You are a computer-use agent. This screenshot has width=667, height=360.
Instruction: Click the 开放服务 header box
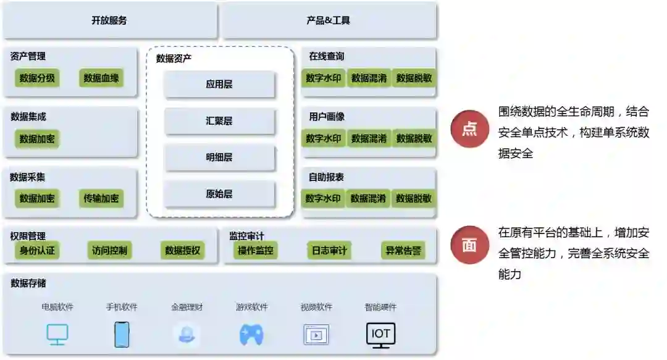(x=109, y=20)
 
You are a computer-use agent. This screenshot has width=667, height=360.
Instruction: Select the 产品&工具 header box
(x=329, y=20)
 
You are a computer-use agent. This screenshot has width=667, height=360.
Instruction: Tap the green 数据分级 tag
(x=37, y=78)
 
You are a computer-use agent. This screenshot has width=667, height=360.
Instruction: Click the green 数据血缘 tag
(x=101, y=78)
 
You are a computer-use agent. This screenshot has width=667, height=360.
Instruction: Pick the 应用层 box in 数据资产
(x=219, y=84)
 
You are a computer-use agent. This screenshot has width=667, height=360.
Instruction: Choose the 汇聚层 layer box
(x=219, y=121)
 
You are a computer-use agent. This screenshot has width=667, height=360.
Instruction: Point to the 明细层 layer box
(x=219, y=157)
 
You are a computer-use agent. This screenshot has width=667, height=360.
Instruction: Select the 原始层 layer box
(x=219, y=194)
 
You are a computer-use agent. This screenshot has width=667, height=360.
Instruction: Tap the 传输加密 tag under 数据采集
(x=101, y=199)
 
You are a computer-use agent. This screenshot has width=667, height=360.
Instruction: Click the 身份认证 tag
(x=37, y=251)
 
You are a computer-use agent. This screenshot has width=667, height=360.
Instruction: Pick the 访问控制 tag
(x=109, y=251)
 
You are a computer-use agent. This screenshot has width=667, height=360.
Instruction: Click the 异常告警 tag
(x=403, y=251)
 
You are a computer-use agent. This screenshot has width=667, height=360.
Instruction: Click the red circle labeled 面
(x=469, y=245)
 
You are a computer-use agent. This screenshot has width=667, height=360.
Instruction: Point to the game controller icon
(x=251, y=335)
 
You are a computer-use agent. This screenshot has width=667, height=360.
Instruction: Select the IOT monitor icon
(x=380, y=335)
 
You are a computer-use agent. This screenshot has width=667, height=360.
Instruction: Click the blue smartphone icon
(x=122, y=335)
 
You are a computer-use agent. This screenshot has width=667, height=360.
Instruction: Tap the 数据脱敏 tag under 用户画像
(x=414, y=138)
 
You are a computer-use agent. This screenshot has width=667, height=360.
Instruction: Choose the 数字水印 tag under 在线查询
(x=324, y=78)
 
